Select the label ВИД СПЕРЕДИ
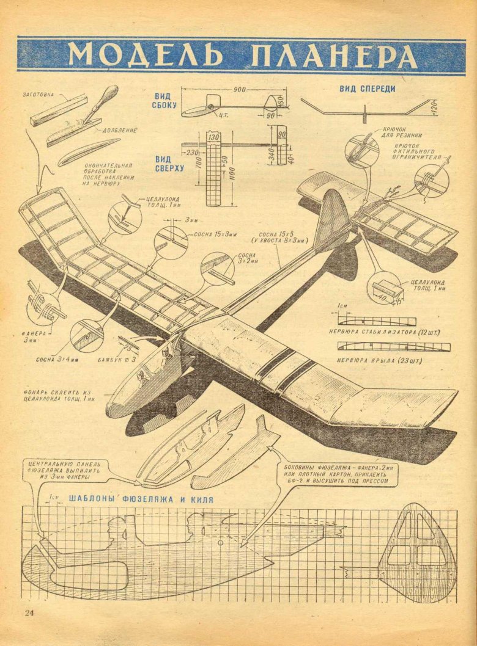(367, 89)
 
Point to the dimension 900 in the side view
(239, 90)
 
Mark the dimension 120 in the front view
(433, 108)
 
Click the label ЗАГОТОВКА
(38, 95)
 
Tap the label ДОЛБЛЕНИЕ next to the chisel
(119, 130)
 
